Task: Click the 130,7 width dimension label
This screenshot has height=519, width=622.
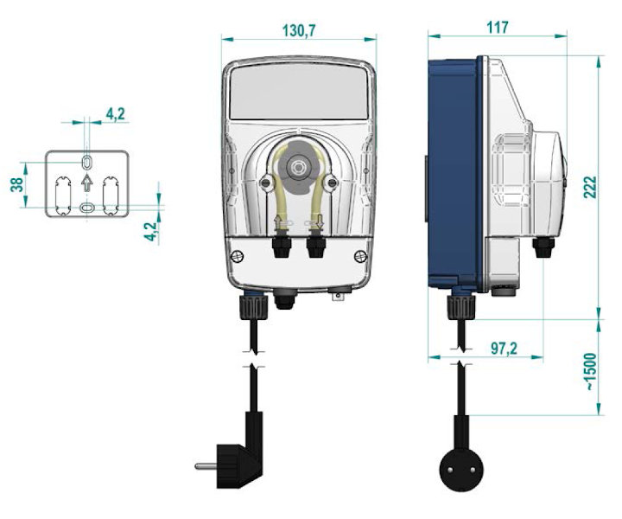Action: (x=299, y=30)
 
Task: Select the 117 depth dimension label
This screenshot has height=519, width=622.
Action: (x=497, y=28)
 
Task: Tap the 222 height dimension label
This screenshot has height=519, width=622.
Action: (x=590, y=187)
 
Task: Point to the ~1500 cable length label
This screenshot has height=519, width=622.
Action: (x=590, y=371)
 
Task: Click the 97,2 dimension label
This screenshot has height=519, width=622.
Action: (x=505, y=349)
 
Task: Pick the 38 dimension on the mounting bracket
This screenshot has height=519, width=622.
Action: (x=17, y=184)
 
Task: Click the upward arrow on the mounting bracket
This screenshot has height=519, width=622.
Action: (x=87, y=183)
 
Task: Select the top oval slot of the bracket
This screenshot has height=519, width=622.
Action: (x=87, y=162)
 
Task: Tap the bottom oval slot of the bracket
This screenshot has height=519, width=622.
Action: (x=87, y=208)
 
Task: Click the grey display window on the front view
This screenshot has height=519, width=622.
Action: (x=299, y=93)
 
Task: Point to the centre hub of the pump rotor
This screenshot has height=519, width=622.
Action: (x=296, y=167)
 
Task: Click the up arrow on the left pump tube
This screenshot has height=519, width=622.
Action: (x=277, y=222)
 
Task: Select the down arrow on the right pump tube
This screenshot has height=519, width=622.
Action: (x=320, y=223)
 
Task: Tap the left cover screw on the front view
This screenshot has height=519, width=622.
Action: (x=238, y=256)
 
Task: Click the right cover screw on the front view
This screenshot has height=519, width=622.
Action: (x=360, y=256)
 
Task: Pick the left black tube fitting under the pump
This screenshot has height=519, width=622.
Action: (x=282, y=247)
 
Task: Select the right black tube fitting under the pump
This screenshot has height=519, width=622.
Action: (x=316, y=247)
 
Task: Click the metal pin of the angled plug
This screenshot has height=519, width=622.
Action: (x=206, y=466)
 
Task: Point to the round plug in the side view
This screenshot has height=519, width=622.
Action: (x=461, y=471)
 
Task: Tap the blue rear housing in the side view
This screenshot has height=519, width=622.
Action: (x=455, y=173)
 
